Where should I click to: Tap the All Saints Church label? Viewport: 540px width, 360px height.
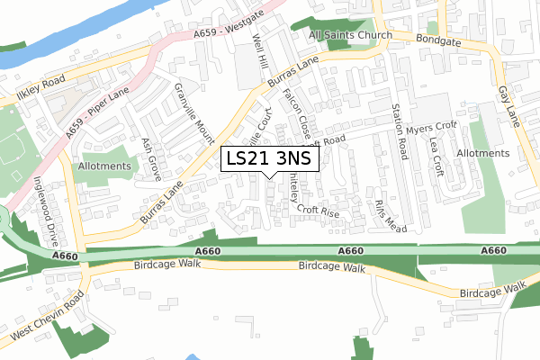(350, 36)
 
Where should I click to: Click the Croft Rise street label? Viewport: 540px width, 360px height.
(318, 212)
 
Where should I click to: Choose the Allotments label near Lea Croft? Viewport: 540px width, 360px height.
(483, 154)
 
